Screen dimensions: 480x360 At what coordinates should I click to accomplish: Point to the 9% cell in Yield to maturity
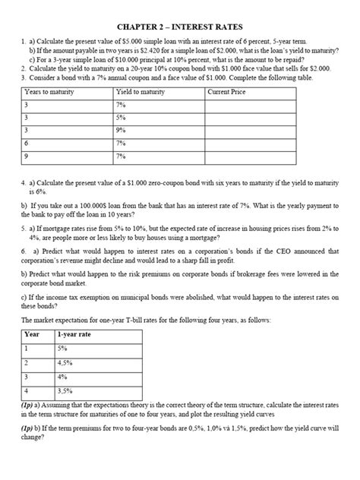click(122, 130)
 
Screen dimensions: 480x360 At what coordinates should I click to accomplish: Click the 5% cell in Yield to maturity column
click(122, 117)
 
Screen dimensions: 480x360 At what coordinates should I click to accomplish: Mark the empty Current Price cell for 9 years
click(270, 156)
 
